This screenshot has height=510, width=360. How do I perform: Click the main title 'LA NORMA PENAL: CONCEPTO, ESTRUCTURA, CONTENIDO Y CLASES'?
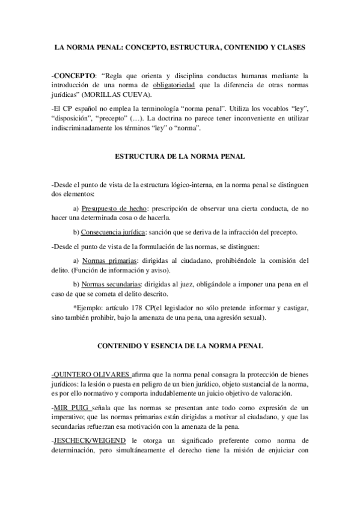click(180, 46)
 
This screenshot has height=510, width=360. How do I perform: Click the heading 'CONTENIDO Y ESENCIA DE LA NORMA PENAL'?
click(180, 347)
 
